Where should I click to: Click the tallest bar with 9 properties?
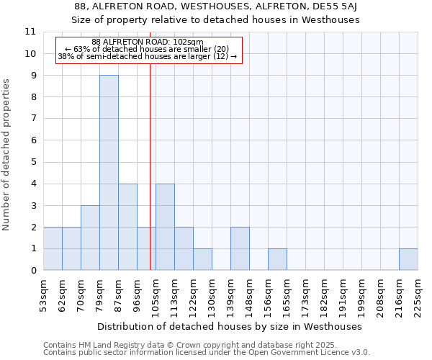tap(109, 173)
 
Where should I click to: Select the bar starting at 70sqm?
tap(90, 238)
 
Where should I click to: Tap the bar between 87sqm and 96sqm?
tap(127, 227)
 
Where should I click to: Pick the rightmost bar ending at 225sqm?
tap(408, 259)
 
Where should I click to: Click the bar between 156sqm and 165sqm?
tap(277, 259)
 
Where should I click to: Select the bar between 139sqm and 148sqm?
tap(240, 248)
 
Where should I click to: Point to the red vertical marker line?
tap(150, 158)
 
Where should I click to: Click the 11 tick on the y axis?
tap(30, 32)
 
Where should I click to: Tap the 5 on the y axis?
tap(33, 162)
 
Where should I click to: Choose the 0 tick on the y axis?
tap(33, 271)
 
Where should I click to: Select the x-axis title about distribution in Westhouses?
tap(229, 326)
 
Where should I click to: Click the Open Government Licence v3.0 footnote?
tap(207, 353)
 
